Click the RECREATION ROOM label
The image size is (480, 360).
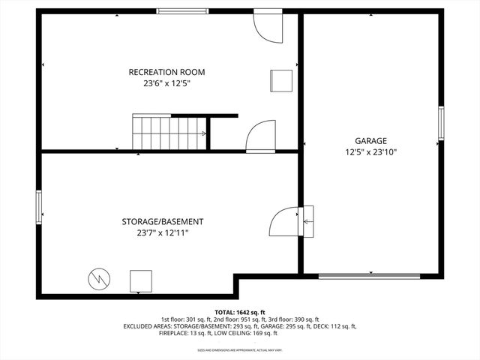tap(166, 72)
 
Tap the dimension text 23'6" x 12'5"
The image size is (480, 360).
tap(166, 84)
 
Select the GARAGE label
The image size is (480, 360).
tap(370, 140)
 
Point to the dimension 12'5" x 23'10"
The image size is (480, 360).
tap(370, 152)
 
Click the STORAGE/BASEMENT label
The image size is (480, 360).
tap(163, 221)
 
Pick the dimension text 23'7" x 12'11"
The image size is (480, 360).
tap(163, 233)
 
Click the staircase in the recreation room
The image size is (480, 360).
tap(169, 132)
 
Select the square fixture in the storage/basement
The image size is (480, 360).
tap(140, 280)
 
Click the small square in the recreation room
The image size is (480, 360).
tap(280, 80)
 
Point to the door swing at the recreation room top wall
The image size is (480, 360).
tap(266, 26)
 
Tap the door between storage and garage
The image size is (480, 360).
tap(285, 221)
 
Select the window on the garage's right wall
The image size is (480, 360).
tap(441, 123)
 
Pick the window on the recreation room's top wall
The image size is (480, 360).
tap(182, 11)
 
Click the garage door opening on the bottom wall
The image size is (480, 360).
tap(370, 276)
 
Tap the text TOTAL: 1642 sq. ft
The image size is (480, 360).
tap(240, 312)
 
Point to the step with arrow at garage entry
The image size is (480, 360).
tap(307, 221)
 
